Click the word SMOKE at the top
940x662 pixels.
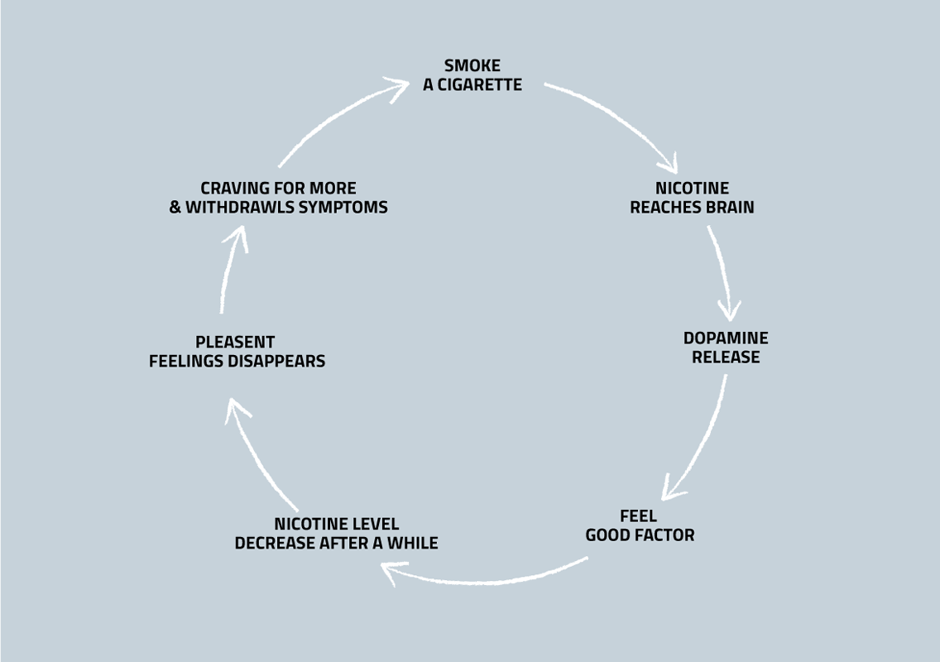tap(472, 66)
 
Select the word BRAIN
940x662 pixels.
tap(728, 208)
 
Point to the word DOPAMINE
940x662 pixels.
tap(726, 338)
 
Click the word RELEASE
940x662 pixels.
tap(726, 357)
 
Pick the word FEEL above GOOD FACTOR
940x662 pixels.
tap(638, 516)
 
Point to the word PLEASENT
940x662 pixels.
tap(235, 343)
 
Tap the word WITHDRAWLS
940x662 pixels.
tap(239, 208)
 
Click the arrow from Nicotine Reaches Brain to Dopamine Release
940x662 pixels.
tap(722, 273)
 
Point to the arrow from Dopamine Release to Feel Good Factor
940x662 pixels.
tap(699, 439)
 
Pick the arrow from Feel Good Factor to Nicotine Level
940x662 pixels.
tap(488, 579)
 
